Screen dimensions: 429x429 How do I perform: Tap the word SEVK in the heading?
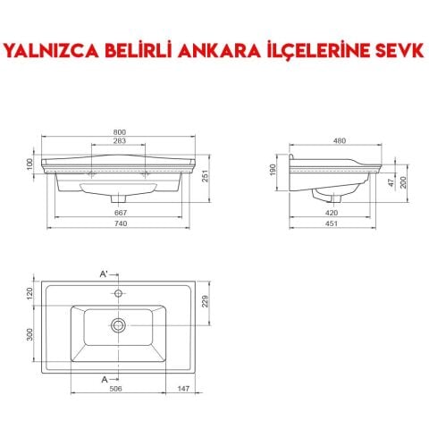pyautogui.click(x=395, y=50)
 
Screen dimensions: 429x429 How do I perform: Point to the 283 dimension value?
pyautogui.click(x=119, y=141)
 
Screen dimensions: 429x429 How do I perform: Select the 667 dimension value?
pyautogui.click(x=119, y=212)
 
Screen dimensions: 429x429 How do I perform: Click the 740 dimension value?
pyautogui.click(x=119, y=224)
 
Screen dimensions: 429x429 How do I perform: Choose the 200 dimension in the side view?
pyautogui.click(x=403, y=182)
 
